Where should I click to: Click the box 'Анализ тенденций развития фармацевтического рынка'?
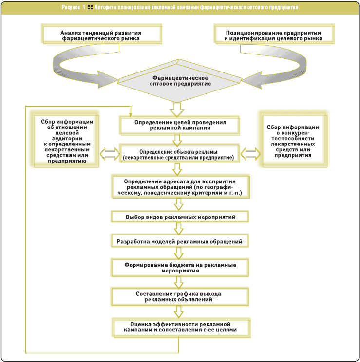(102, 34)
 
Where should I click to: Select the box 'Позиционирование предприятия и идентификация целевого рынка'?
(274, 34)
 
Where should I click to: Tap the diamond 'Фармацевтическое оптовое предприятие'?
(179, 81)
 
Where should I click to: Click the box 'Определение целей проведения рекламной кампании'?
(180, 126)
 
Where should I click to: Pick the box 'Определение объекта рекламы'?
(180, 154)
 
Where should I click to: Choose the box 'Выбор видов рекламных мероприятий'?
(180, 217)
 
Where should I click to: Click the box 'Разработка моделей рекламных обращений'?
(180, 241)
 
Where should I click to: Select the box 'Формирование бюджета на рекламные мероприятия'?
(180, 268)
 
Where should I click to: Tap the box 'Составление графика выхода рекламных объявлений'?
(180, 297)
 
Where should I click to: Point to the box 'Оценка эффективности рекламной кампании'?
(181, 327)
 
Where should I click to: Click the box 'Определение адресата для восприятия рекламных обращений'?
(181, 187)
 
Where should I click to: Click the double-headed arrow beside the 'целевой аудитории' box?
(110, 154)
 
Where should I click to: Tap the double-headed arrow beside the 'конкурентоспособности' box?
(250, 154)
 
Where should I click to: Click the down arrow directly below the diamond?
(177, 109)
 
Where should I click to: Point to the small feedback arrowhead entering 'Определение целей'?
(131, 115)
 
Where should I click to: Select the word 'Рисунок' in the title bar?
(71, 7)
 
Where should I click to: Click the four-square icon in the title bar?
(90, 7)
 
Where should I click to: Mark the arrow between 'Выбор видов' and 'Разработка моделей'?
(179, 228)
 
